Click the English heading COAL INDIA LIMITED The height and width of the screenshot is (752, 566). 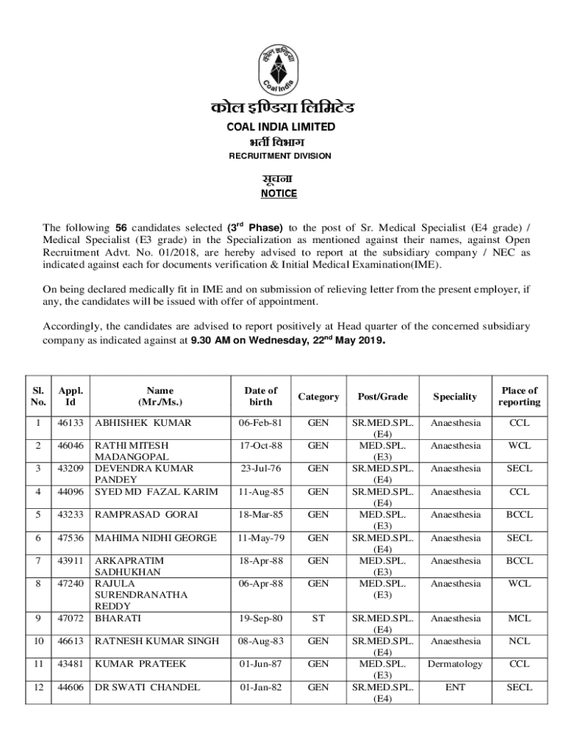[x=280, y=127]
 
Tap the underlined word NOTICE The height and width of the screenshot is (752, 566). [x=279, y=194]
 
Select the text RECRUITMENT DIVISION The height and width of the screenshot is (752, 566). [x=280, y=156]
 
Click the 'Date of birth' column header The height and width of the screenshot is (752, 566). [x=260, y=397]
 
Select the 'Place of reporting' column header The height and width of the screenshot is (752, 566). [x=518, y=397]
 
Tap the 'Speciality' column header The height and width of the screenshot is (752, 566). [x=455, y=397]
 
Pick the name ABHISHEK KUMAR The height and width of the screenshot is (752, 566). [x=143, y=423]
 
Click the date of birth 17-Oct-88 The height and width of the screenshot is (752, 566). [x=260, y=446]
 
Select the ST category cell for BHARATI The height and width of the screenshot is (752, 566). [x=318, y=618]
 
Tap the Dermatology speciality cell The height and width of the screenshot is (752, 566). [x=455, y=664]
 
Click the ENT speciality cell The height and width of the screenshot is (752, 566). [x=455, y=687]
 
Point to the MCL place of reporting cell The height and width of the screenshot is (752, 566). [x=518, y=618]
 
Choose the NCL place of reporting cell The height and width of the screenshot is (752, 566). [x=518, y=641]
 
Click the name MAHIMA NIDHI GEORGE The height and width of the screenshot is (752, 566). [x=157, y=538]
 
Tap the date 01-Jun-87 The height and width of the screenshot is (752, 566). [x=260, y=664]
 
